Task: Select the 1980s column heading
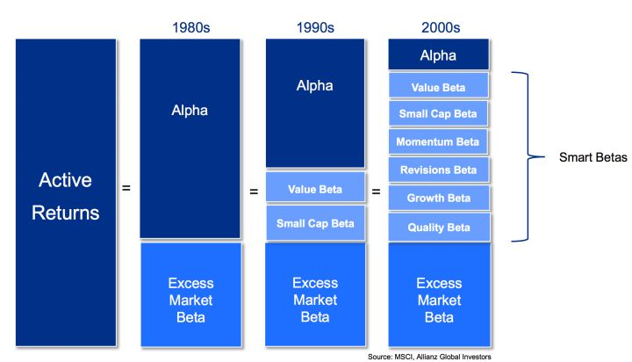tap(190, 27)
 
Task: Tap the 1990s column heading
tap(315, 27)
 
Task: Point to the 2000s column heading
tap(439, 27)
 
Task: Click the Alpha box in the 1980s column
tap(190, 138)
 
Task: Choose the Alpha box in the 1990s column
tap(315, 103)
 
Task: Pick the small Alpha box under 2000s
tap(439, 56)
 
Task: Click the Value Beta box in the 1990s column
tap(315, 187)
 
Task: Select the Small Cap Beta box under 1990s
tap(315, 223)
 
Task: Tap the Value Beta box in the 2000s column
tap(439, 87)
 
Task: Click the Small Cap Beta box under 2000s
tap(439, 114)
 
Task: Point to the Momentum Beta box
tap(439, 142)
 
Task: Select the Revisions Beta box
tap(439, 170)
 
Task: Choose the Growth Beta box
tap(439, 198)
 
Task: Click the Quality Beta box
tap(439, 227)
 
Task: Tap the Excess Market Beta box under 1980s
tap(190, 294)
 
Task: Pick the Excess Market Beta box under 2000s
tap(439, 294)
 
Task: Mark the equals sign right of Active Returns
tap(126, 187)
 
